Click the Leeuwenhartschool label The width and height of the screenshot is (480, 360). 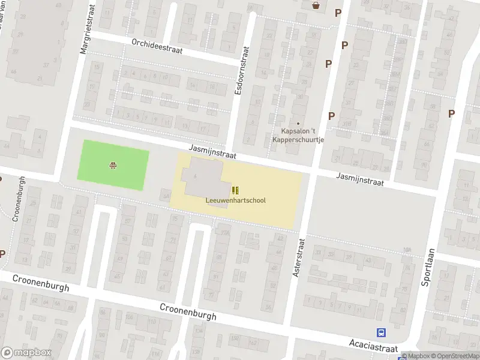point(235,200)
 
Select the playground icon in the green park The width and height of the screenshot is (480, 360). point(112,166)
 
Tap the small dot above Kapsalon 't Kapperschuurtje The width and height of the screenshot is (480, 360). point(298,124)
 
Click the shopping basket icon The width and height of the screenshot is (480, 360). point(316,5)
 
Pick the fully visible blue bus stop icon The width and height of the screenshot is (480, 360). point(380,332)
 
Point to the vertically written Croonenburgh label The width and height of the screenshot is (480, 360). point(18,199)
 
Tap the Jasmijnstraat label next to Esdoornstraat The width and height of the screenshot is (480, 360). point(212,150)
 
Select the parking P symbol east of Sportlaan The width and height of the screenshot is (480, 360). point(451,113)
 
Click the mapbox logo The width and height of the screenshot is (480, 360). point(26,353)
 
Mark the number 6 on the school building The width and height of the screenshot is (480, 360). point(196,175)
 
